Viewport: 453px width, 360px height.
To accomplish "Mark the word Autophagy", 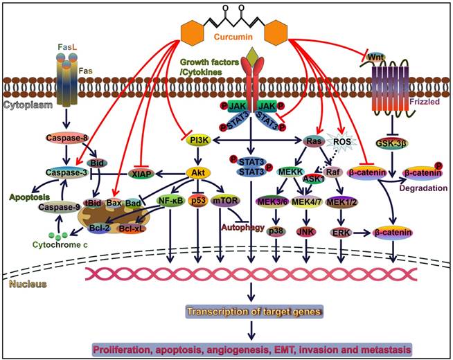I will pyautogui.click(x=240, y=227).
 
